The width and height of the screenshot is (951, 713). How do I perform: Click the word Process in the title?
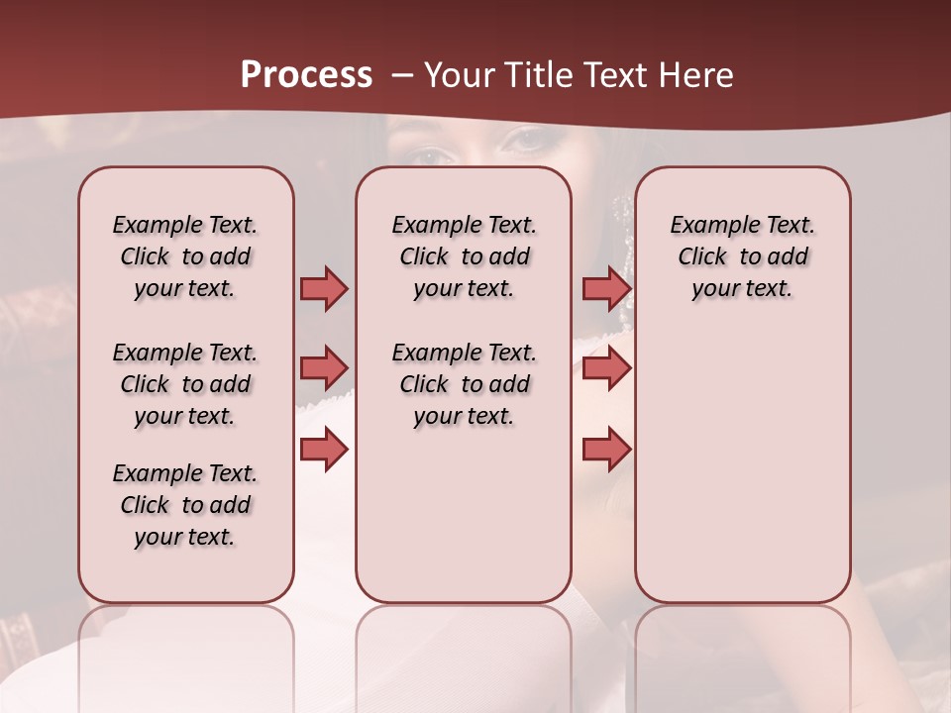tap(306, 75)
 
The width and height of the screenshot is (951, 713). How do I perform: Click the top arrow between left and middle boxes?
tap(324, 288)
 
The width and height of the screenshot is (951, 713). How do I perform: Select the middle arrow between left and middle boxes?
tap(324, 368)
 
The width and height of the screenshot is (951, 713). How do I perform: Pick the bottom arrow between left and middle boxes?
tap(324, 451)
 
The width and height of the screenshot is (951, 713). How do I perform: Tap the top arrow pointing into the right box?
tap(606, 288)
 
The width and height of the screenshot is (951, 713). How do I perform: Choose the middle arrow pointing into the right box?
tap(606, 368)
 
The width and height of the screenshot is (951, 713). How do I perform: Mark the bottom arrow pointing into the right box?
tap(606, 451)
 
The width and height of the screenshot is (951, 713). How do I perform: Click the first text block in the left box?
tap(185, 256)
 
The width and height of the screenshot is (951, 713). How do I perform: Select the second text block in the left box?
tap(185, 384)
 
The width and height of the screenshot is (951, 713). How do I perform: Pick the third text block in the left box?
tap(185, 505)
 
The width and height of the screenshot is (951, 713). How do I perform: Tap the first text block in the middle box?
tap(464, 256)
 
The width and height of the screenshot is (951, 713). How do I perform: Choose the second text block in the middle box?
tap(464, 384)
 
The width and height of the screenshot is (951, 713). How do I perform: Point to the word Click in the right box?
tap(702, 257)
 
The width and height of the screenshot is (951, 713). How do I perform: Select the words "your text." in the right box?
tap(742, 289)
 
